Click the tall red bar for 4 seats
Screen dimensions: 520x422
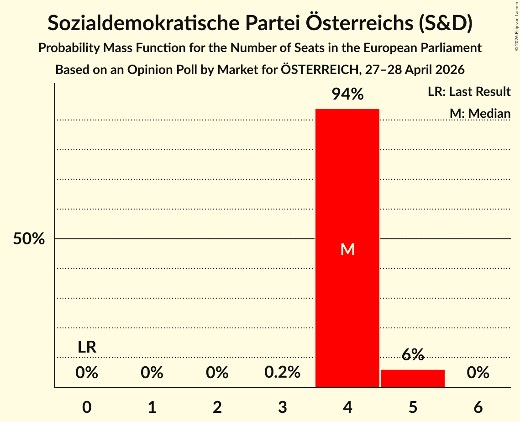click(x=347, y=248)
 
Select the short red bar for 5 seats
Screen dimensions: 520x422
click(x=413, y=378)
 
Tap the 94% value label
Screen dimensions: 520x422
click(x=347, y=94)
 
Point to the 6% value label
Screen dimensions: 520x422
click(x=413, y=354)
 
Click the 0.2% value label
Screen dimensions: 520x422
click(x=282, y=372)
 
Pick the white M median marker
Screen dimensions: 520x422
click(x=347, y=249)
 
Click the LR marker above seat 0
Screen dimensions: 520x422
click(x=87, y=347)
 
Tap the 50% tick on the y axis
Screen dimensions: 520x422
click(x=29, y=238)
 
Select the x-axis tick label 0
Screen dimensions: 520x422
click(x=87, y=407)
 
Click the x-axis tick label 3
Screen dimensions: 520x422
click(x=282, y=407)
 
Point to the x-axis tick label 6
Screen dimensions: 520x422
click(x=478, y=407)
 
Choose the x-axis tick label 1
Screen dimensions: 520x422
click(x=152, y=407)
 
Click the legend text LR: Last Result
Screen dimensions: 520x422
click(x=469, y=91)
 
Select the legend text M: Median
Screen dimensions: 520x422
click(x=480, y=113)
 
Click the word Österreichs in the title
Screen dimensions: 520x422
click(x=359, y=23)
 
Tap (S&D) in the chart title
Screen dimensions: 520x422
click(x=446, y=23)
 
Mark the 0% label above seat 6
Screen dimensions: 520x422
click(x=478, y=372)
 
